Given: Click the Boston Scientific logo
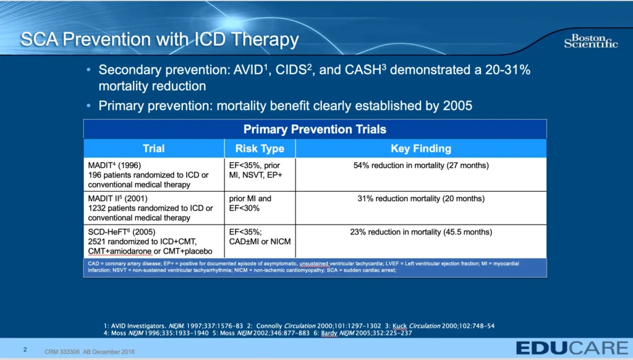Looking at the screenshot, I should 590,41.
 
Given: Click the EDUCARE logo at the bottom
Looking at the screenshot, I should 565,347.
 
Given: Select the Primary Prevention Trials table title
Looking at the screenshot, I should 315,129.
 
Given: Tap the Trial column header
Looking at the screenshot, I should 153,148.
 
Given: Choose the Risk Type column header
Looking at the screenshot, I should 260,148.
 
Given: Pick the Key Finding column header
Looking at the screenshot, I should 421,148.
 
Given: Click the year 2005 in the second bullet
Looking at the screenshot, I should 457,106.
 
